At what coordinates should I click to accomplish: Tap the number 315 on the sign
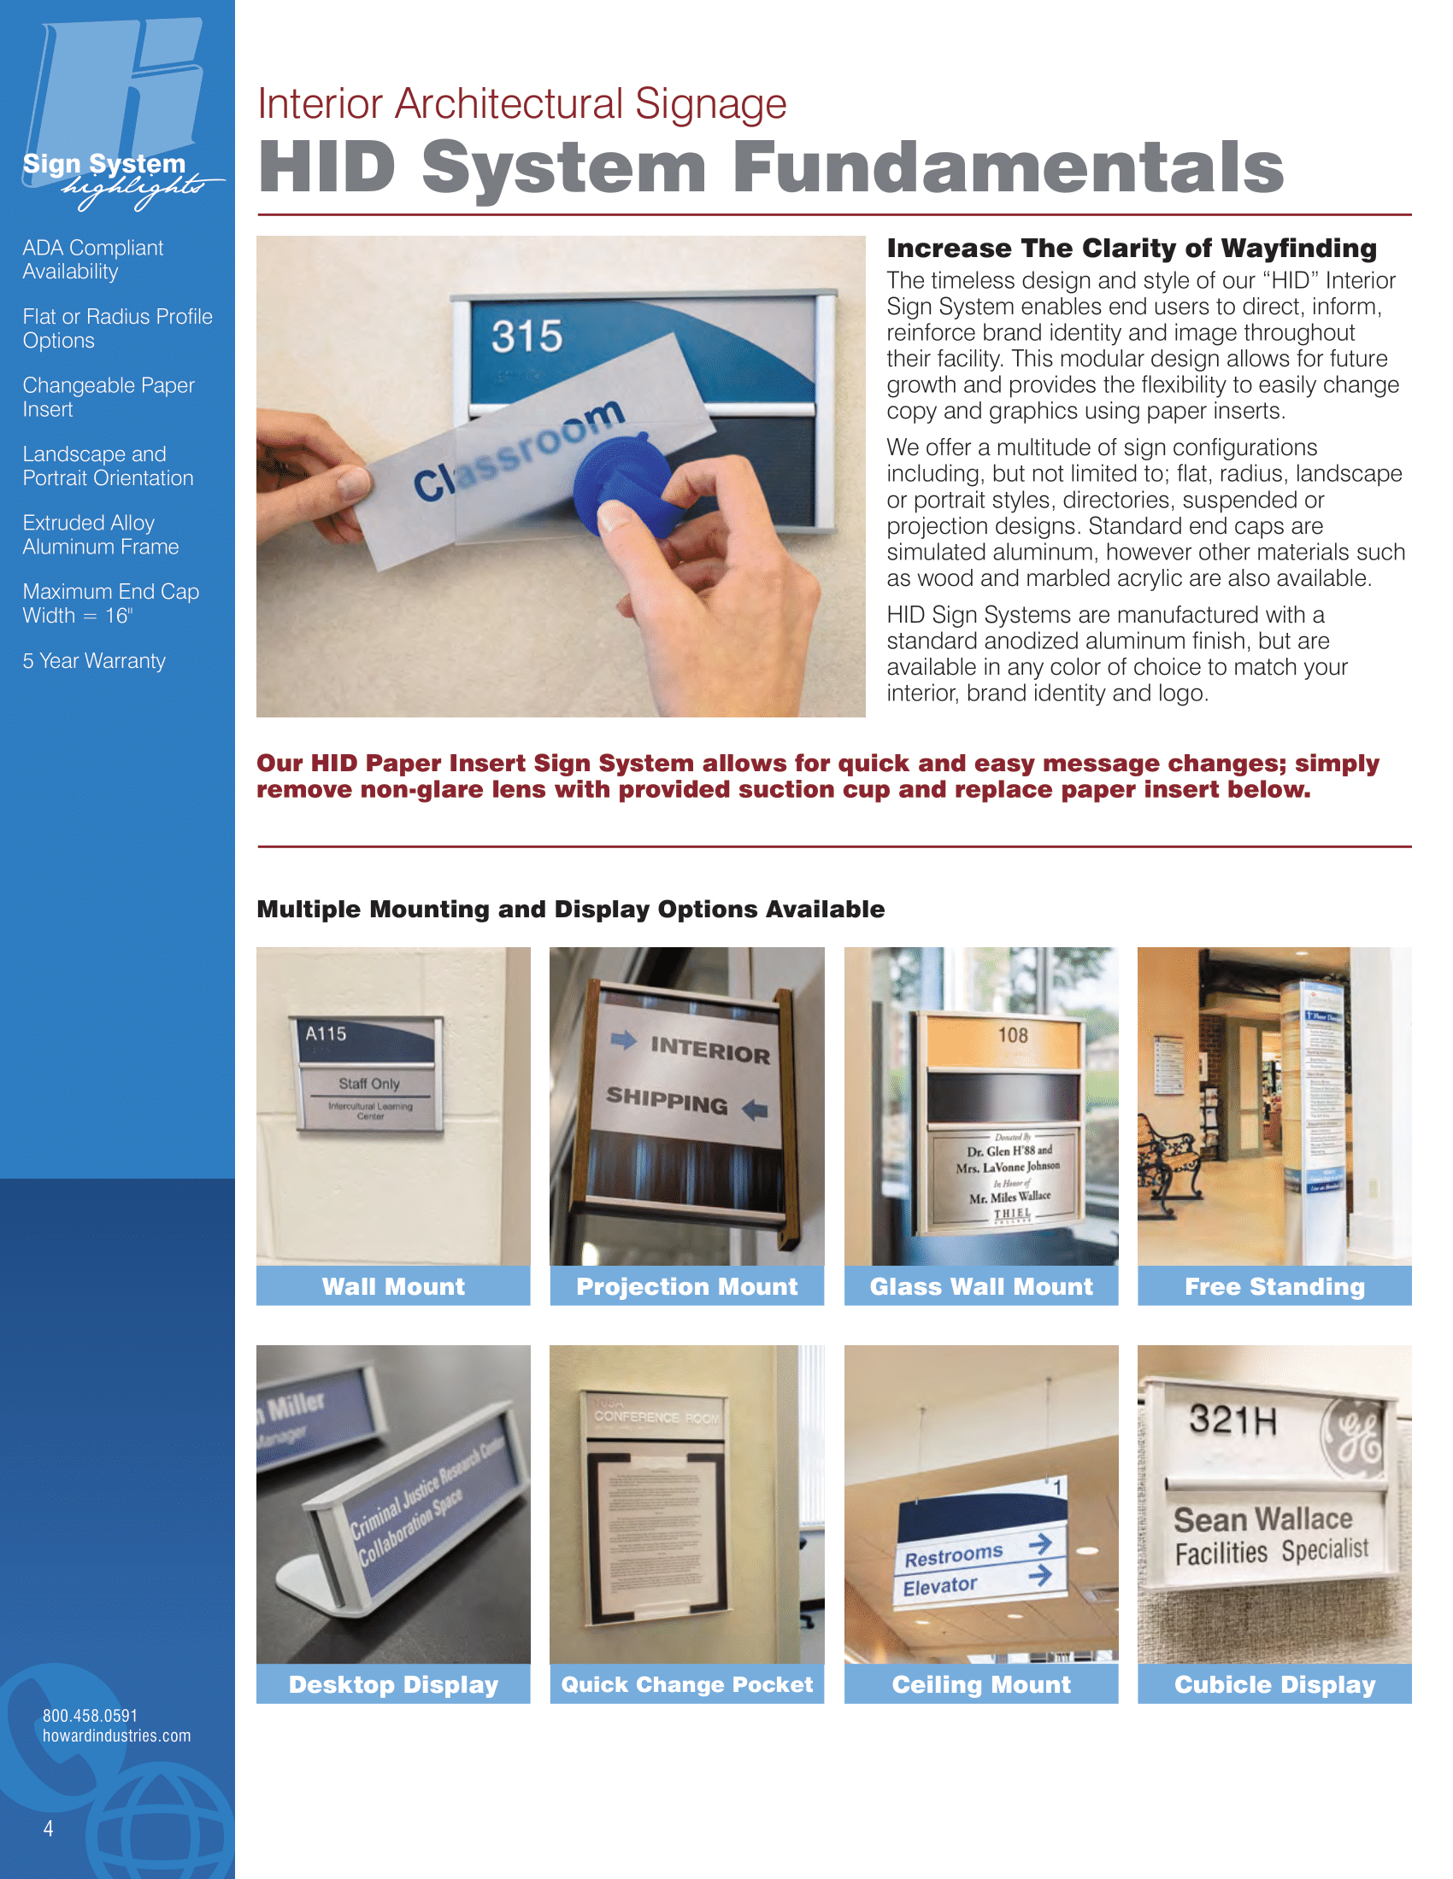526,336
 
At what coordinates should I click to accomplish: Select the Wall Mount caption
393,1286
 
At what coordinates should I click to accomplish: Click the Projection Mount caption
687,1286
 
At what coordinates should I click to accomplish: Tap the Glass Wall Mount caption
980,1286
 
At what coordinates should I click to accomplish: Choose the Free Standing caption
1274,1286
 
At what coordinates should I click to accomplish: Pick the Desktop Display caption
393,1684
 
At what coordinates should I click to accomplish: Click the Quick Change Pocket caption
687,1684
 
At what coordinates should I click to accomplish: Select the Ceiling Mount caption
980,1684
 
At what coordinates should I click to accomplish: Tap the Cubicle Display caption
1274,1684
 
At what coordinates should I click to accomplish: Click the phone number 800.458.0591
91,1716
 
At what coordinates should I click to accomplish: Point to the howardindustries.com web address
117,1736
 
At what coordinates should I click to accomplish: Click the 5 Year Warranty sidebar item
94,661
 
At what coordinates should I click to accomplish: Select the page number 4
48,1829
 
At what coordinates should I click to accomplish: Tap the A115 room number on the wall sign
326,1033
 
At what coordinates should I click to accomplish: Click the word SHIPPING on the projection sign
667,1099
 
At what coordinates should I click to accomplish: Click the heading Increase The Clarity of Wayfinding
1131,249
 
